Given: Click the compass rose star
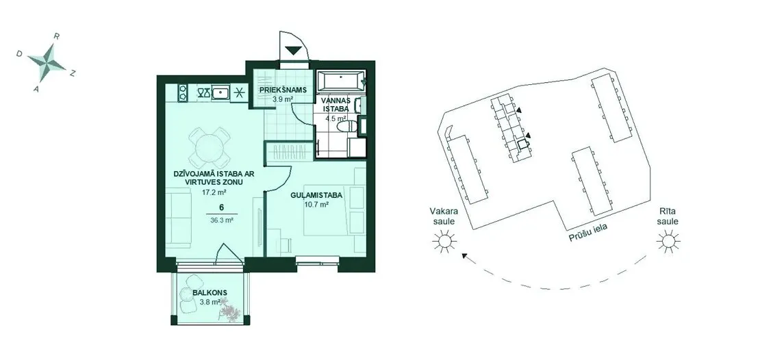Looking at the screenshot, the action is pyautogui.click(x=47, y=63).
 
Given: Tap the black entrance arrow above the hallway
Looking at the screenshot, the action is pyautogui.click(x=293, y=50).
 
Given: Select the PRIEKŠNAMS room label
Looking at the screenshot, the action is pyautogui.click(x=282, y=90).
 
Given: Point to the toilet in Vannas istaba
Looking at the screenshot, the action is pyautogui.click(x=346, y=127).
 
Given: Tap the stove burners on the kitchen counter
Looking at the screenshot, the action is pyautogui.click(x=183, y=92).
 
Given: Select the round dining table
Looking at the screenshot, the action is pyautogui.click(x=209, y=147).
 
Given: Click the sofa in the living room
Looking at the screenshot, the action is pyautogui.click(x=179, y=219).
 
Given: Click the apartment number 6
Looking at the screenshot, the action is pyautogui.click(x=221, y=207).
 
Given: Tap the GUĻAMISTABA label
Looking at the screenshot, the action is pyautogui.click(x=317, y=196).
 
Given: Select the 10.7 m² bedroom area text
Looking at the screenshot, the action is pyautogui.click(x=317, y=205).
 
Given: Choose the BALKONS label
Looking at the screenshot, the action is pyautogui.click(x=210, y=293).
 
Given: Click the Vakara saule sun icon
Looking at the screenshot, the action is pyautogui.click(x=444, y=241).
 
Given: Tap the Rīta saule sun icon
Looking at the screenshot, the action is pyautogui.click(x=668, y=241).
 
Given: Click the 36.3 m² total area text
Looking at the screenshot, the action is pyautogui.click(x=222, y=219).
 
